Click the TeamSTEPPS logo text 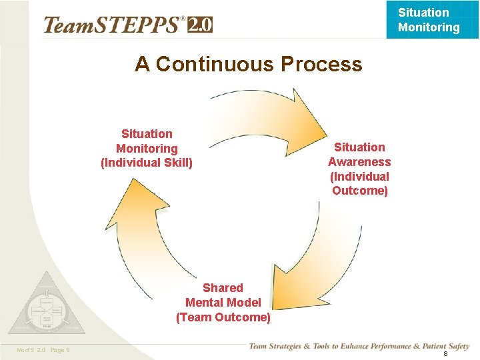pyautogui.click(x=112, y=25)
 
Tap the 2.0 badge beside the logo pyautogui.click(x=200, y=25)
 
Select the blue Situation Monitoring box pyautogui.click(x=429, y=20)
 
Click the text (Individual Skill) pyautogui.click(x=147, y=163)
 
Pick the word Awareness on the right pyautogui.click(x=359, y=162)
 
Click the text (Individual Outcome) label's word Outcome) pyautogui.click(x=359, y=191)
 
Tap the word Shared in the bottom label pyautogui.click(x=223, y=288)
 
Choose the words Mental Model pyautogui.click(x=223, y=303)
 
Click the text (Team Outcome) pyautogui.click(x=223, y=317)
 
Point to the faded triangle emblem pyautogui.click(x=47, y=306)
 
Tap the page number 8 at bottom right pyautogui.click(x=445, y=353)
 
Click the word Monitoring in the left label pyautogui.click(x=147, y=149)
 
